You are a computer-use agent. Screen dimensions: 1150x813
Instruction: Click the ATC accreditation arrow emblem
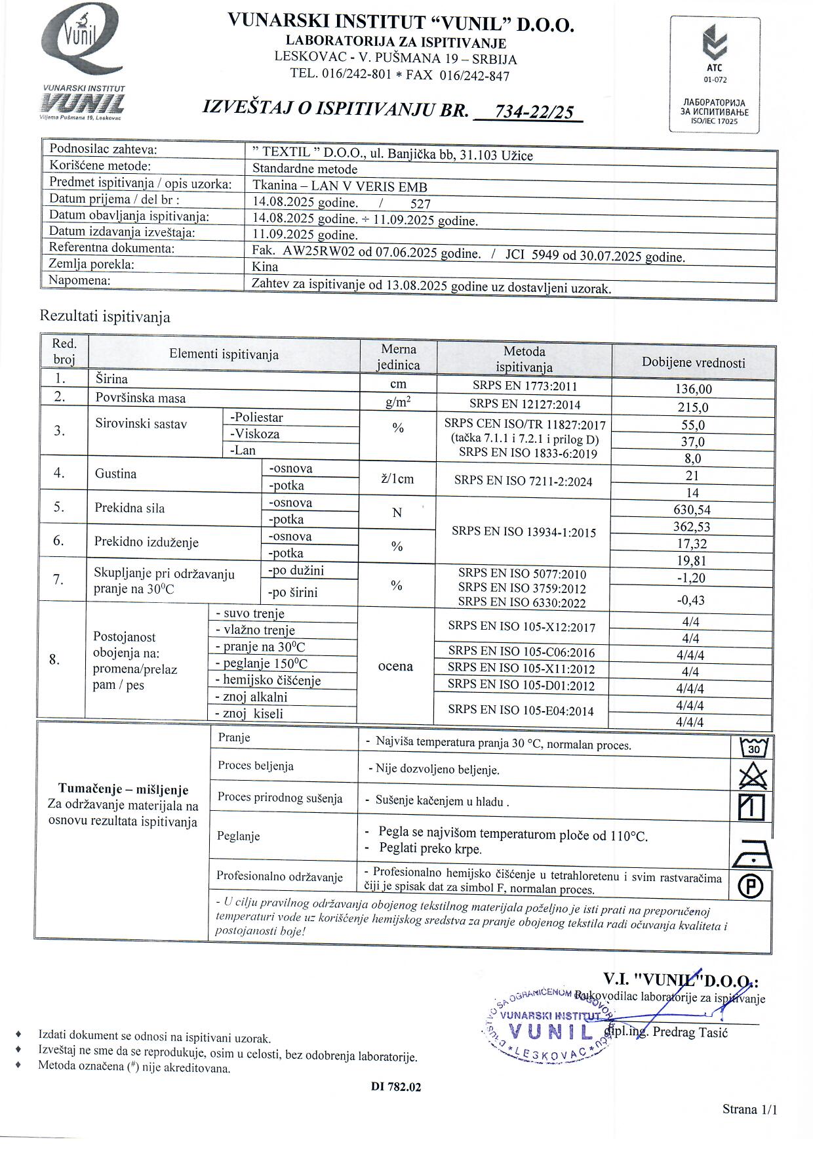pyautogui.click(x=714, y=43)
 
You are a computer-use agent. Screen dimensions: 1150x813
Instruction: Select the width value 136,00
pyautogui.click(x=693, y=389)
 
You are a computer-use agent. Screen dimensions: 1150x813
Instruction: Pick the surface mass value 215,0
pyautogui.click(x=693, y=407)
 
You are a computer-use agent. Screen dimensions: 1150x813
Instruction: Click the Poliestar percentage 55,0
pyautogui.click(x=692, y=424)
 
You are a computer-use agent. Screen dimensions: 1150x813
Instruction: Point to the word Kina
pyautogui.click(x=265, y=267)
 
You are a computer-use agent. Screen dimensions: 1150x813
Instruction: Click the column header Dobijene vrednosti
pyautogui.click(x=693, y=363)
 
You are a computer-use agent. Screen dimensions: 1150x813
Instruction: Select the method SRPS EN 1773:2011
pyautogui.click(x=525, y=386)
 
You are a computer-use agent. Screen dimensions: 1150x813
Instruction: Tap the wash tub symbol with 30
pyautogui.click(x=753, y=747)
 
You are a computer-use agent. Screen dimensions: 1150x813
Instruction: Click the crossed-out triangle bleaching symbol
pyautogui.click(x=752, y=777)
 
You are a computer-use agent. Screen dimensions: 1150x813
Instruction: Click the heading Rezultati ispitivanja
pyautogui.click(x=105, y=317)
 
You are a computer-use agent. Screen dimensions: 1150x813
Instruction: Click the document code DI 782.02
pyautogui.click(x=395, y=1086)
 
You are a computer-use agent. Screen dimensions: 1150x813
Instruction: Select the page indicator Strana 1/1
pyautogui.click(x=749, y=1109)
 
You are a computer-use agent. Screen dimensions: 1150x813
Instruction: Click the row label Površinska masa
pyautogui.click(x=140, y=398)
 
